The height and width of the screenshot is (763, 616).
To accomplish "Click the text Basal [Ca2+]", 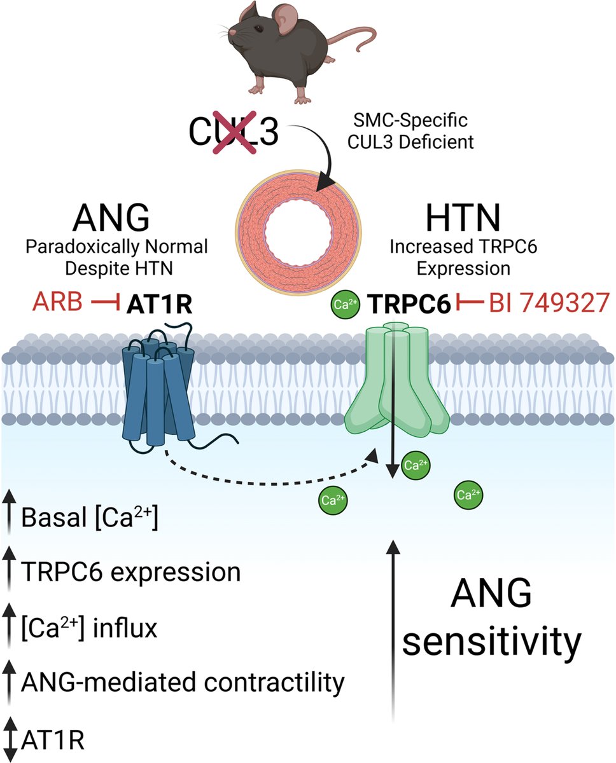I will (x=89, y=519).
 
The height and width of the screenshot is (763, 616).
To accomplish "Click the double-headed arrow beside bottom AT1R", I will (x=9, y=738).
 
